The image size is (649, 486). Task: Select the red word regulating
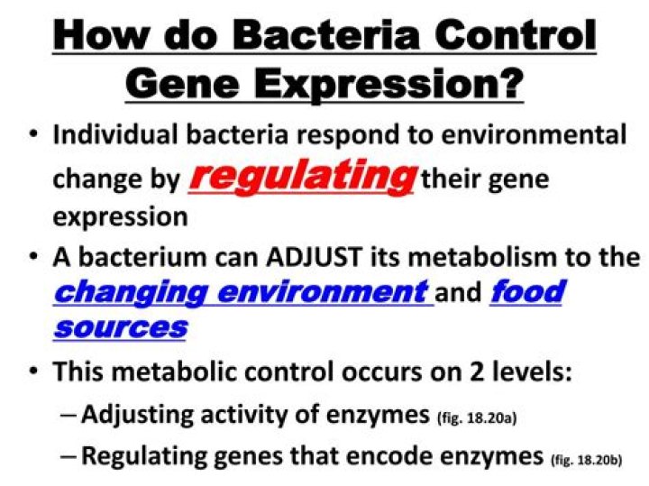[x=301, y=176]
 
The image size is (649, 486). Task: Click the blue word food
[x=527, y=292]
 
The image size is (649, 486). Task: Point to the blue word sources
[x=119, y=327]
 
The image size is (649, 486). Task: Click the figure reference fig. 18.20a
[x=475, y=418]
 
